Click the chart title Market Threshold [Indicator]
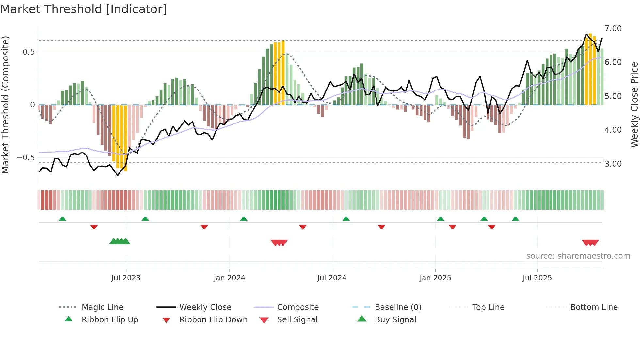tap(84, 9)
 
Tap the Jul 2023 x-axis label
tap(126, 278)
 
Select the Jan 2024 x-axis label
tap(229, 278)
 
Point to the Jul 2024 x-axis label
tap(332, 278)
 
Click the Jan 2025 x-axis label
tap(435, 278)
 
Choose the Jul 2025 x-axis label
tap(537, 278)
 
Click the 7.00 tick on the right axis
tap(613, 29)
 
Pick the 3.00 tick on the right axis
tap(613, 164)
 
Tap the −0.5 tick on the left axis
tap(26, 158)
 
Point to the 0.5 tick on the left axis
tap(29, 52)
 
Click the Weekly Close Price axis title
tap(634, 105)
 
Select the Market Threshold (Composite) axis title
tap(5, 105)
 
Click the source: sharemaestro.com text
tap(578, 256)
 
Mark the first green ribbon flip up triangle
tap(62, 219)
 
